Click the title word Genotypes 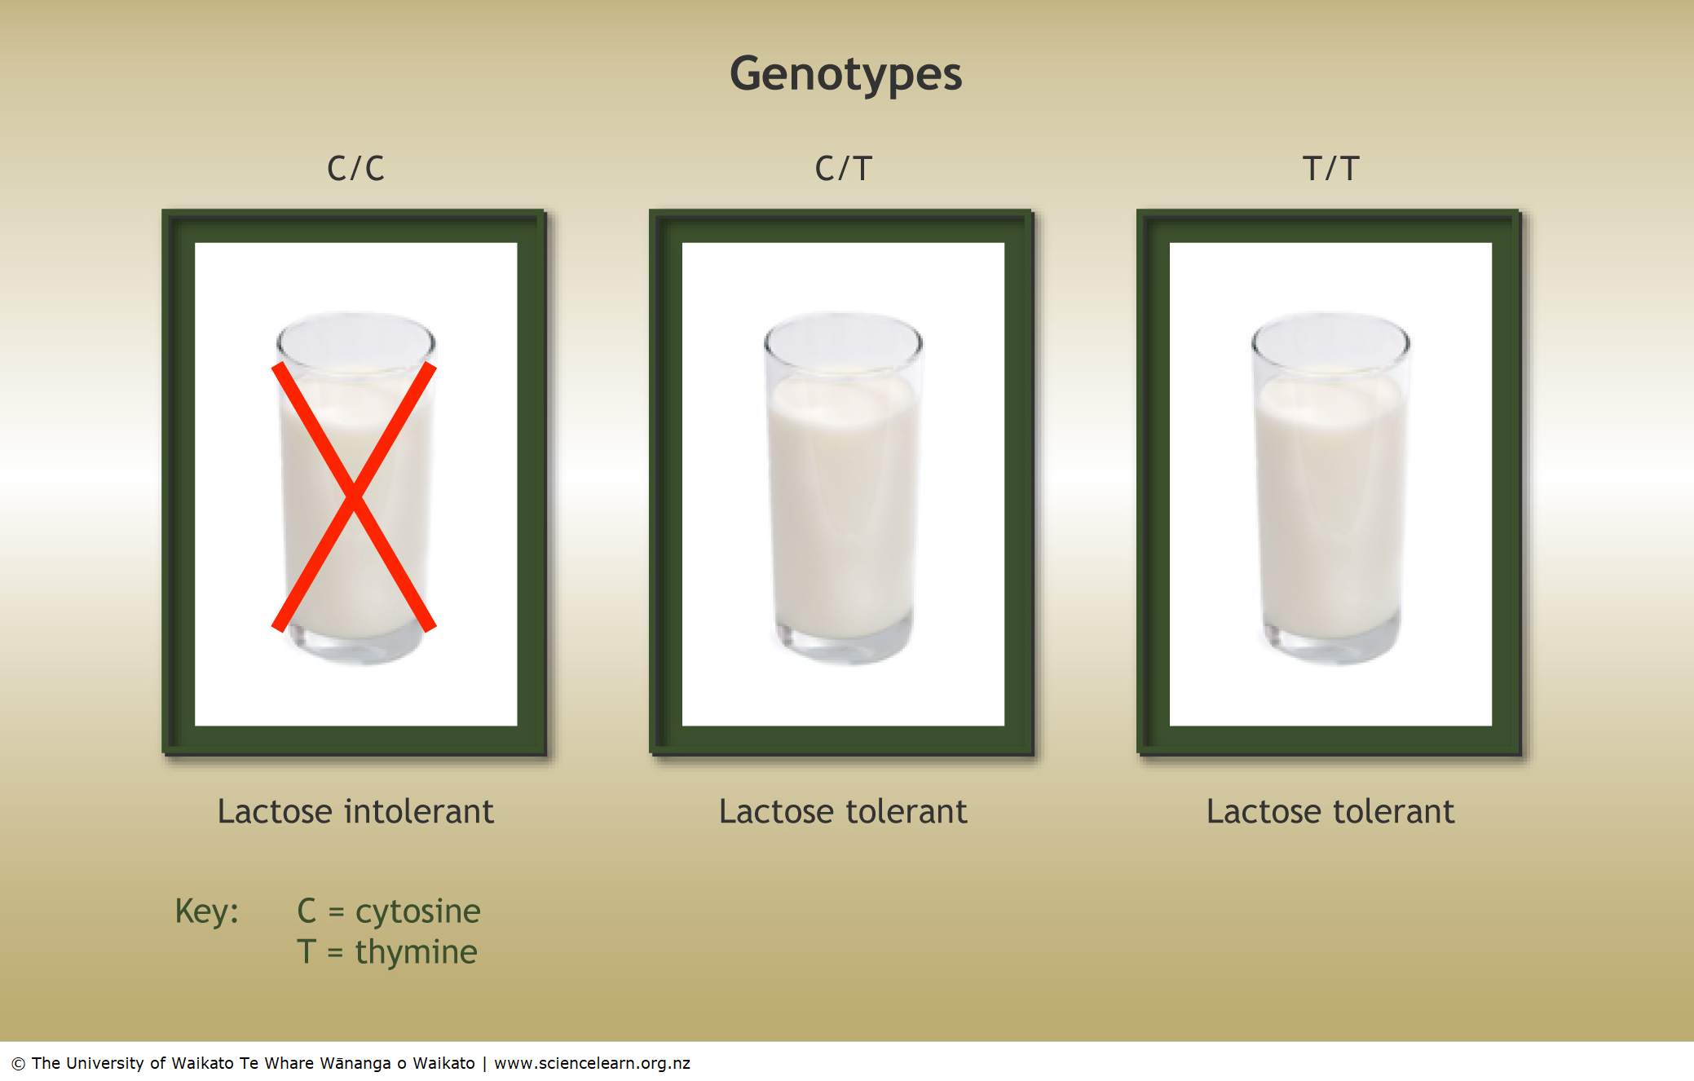click(x=845, y=74)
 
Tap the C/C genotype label click(x=355, y=169)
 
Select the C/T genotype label click(x=843, y=169)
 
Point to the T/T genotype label click(x=1330, y=169)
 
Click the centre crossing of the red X click(x=354, y=496)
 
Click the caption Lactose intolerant click(x=355, y=812)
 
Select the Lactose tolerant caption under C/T click(x=843, y=812)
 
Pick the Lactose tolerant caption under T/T click(x=1330, y=812)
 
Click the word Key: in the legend click(x=207, y=911)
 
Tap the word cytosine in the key click(x=417, y=912)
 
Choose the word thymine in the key click(x=416, y=952)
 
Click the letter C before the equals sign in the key click(x=307, y=911)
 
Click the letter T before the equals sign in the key click(x=307, y=952)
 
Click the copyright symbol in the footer click(x=18, y=1064)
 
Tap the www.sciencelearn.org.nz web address click(x=592, y=1063)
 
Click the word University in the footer click(x=104, y=1063)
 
